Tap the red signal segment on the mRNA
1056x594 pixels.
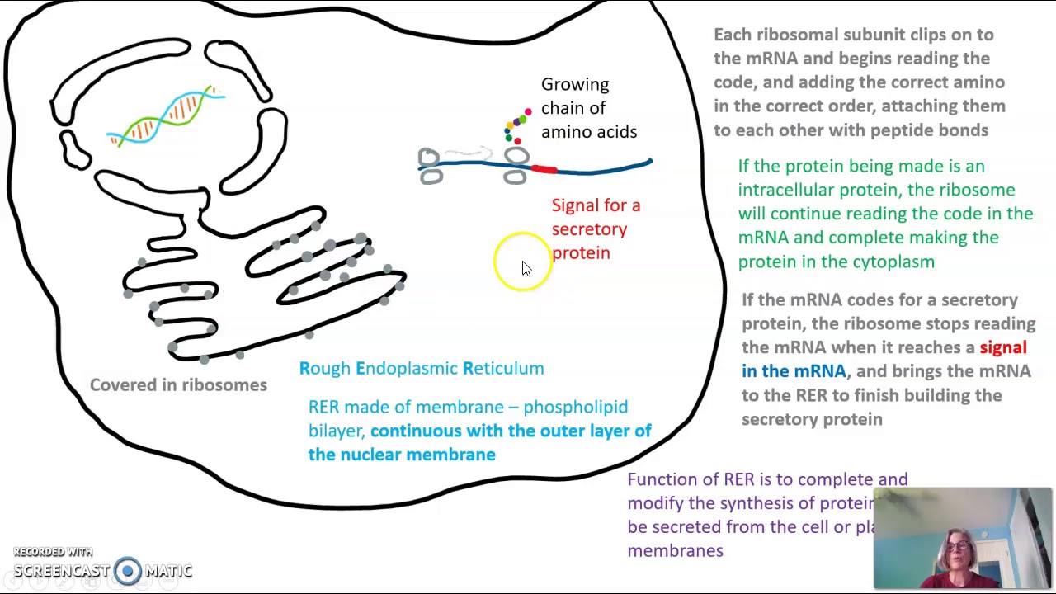tap(543, 169)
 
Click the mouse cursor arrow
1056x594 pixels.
tap(526, 268)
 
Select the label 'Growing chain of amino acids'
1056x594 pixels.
tap(588, 108)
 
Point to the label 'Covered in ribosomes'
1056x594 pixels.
tap(178, 385)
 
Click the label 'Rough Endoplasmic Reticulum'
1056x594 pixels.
tap(421, 369)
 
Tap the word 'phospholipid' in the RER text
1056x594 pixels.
tap(575, 408)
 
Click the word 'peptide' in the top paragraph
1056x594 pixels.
tap(902, 130)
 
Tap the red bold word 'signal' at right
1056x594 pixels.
tap(1002, 348)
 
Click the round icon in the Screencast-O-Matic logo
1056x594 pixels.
tap(127, 571)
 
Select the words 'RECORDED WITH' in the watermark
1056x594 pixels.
tap(52, 552)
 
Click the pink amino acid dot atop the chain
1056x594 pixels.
tap(528, 111)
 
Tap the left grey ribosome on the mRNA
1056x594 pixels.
tap(430, 166)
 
